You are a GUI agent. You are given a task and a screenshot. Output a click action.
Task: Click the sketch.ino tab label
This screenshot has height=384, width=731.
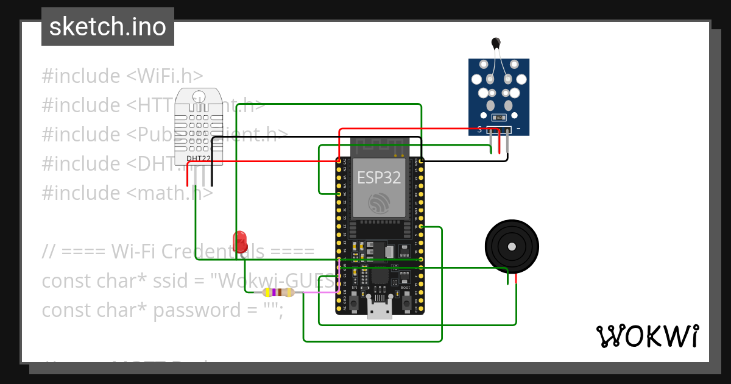[x=108, y=27]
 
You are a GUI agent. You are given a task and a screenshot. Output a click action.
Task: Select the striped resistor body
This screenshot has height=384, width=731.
[x=278, y=293]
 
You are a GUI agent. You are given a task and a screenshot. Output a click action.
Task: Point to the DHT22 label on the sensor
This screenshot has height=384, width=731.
[x=199, y=158]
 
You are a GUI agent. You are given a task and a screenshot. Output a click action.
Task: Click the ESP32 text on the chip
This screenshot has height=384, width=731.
[x=379, y=177]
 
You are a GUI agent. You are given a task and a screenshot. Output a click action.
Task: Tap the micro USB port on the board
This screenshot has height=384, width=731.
[x=380, y=309]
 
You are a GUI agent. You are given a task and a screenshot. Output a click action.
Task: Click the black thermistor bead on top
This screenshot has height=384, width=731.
[x=496, y=43]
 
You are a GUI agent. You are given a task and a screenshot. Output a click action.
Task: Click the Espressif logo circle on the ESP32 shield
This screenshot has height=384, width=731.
[x=379, y=202]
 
